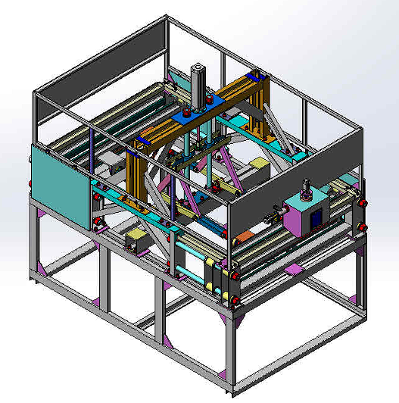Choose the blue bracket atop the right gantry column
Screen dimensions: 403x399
[254, 77]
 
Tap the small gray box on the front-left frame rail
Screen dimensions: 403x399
[136, 240]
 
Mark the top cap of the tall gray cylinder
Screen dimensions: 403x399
[199, 67]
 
